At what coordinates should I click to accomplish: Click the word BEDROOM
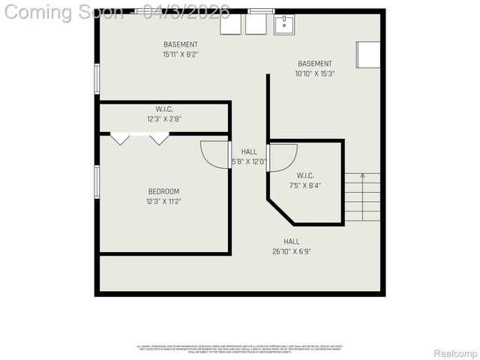(163, 192)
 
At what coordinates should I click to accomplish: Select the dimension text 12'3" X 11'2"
(163, 201)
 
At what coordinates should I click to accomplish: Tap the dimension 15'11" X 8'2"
(181, 54)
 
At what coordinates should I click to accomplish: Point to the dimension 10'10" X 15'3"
(314, 73)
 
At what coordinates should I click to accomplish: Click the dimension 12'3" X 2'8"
(164, 118)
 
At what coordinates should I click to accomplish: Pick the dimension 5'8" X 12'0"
(249, 161)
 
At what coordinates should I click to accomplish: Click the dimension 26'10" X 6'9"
(292, 251)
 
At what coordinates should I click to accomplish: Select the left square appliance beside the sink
(230, 25)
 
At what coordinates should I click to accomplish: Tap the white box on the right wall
(368, 55)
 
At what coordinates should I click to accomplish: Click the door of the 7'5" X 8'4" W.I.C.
(282, 158)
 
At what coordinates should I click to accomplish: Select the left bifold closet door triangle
(120, 139)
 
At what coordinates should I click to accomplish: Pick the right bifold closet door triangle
(159, 139)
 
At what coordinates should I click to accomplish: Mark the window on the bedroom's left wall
(97, 181)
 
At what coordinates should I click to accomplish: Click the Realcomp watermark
(456, 353)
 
